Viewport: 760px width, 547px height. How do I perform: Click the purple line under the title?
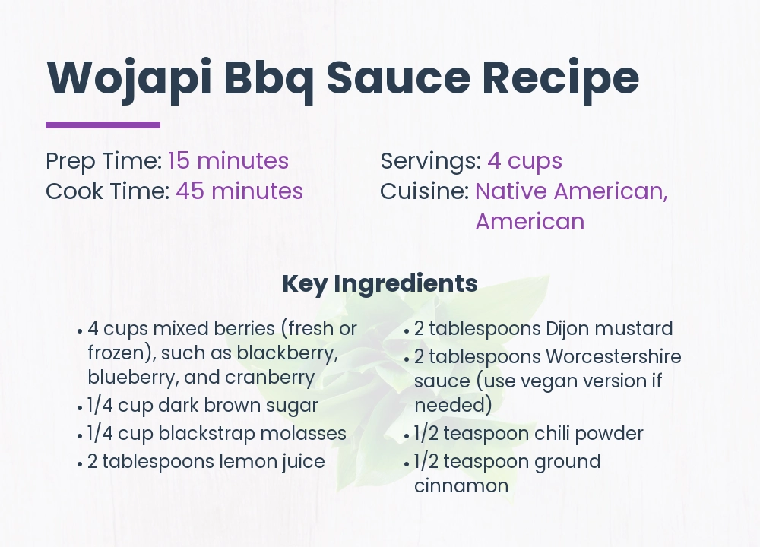(x=103, y=125)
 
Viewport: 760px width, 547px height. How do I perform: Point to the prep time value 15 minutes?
(x=228, y=161)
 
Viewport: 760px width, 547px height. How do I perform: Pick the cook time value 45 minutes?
(x=239, y=191)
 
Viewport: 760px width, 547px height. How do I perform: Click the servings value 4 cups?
(x=524, y=161)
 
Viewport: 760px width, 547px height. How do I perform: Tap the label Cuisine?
(x=424, y=191)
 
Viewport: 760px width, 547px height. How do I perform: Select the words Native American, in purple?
(x=572, y=191)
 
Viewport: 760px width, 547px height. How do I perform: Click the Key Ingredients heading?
(x=380, y=283)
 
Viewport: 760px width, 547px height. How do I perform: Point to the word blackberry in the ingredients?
(x=287, y=353)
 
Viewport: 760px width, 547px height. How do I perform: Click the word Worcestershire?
(x=613, y=356)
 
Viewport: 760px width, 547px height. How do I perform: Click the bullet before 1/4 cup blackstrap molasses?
(x=80, y=436)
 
